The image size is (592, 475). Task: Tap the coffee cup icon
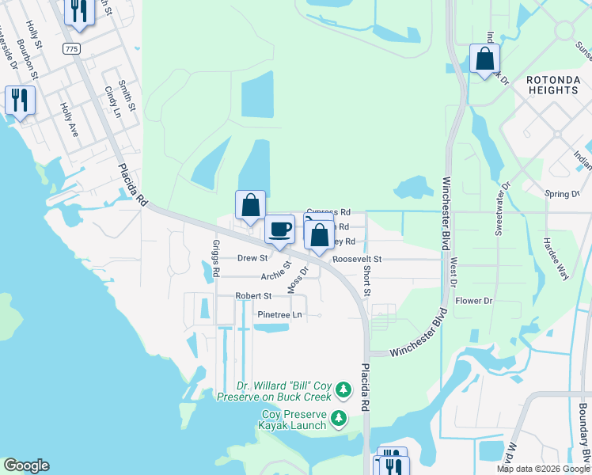pyautogui.click(x=279, y=230)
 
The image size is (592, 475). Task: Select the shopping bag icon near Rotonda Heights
pyautogui.click(x=484, y=59)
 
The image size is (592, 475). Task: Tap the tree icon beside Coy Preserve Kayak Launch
pyautogui.click(x=339, y=417)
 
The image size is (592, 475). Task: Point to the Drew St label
pyautogui.click(x=253, y=258)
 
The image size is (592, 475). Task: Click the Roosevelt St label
pyautogui.click(x=357, y=259)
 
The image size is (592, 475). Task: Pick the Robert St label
pyautogui.click(x=253, y=296)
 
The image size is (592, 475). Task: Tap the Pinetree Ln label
pyautogui.click(x=280, y=314)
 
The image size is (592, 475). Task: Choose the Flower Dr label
pyautogui.click(x=475, y=301)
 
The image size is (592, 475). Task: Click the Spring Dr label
pyautogui.click(x=563, y=194)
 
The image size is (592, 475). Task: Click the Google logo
pyautogui.click(x=26, y=465)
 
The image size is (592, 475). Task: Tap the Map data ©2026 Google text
pyautogui.click(x=541, y=469)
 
